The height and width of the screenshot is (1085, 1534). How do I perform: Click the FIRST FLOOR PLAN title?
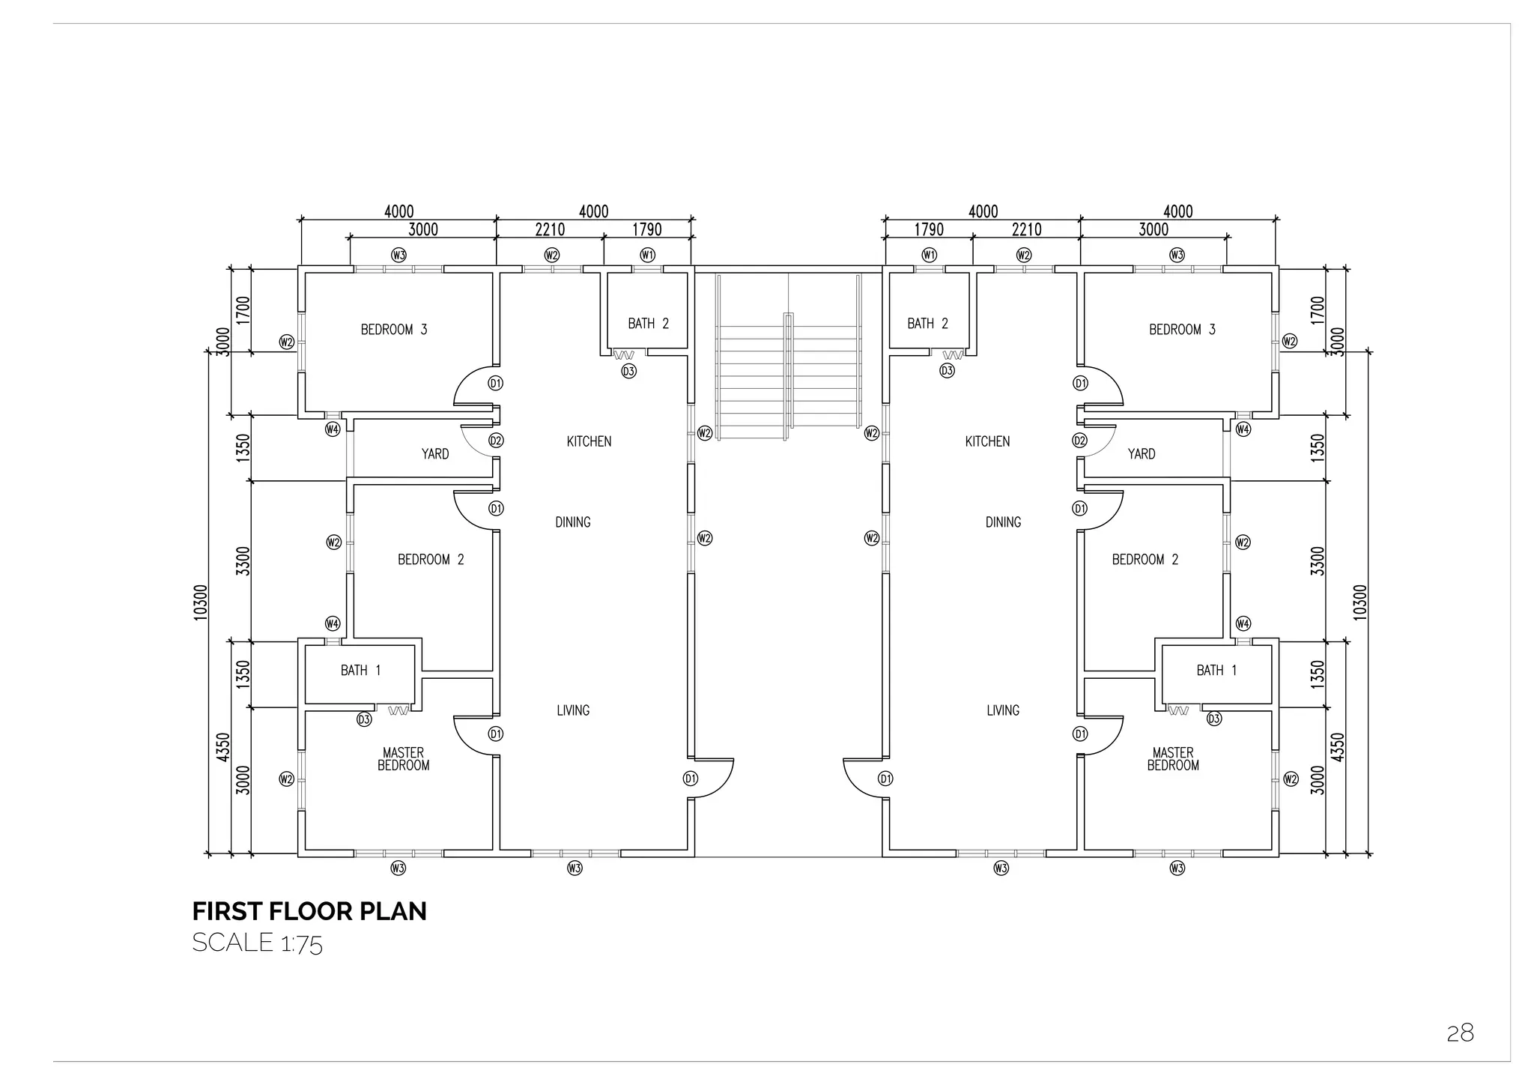coord(309,911)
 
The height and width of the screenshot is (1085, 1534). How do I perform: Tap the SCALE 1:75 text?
coord(257,943)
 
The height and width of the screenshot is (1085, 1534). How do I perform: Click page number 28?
coord(1460,1033)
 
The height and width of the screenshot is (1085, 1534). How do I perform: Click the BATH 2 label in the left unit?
coord(648,324)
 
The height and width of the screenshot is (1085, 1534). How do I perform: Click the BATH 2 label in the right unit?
coord(927,324)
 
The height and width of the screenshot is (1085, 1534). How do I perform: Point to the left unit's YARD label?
coord(435,454)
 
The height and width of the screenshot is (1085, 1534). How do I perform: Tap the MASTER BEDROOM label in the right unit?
coord(1173,759)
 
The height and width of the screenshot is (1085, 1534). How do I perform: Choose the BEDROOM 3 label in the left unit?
coord(394,330)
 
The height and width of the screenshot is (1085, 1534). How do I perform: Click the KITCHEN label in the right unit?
coord(987,442)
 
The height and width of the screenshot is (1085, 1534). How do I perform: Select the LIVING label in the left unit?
coord(573,710)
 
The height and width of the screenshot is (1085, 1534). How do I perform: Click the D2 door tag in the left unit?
coord(496,441)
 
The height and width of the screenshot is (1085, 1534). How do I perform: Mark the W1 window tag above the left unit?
coord(648,255)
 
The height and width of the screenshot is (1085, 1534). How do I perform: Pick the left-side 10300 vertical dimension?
coord(200,602)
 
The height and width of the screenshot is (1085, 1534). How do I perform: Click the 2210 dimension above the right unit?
coord(1026,229)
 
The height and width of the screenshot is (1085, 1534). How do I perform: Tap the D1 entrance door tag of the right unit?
coord(885,779)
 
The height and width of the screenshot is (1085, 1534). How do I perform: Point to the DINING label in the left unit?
coord(573,522)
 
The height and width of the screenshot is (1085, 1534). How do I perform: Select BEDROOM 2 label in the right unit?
coord(1145,560)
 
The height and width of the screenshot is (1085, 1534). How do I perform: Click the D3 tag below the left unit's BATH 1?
coord(364,719)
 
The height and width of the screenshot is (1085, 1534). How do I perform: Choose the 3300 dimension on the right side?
coord(1318,560)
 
